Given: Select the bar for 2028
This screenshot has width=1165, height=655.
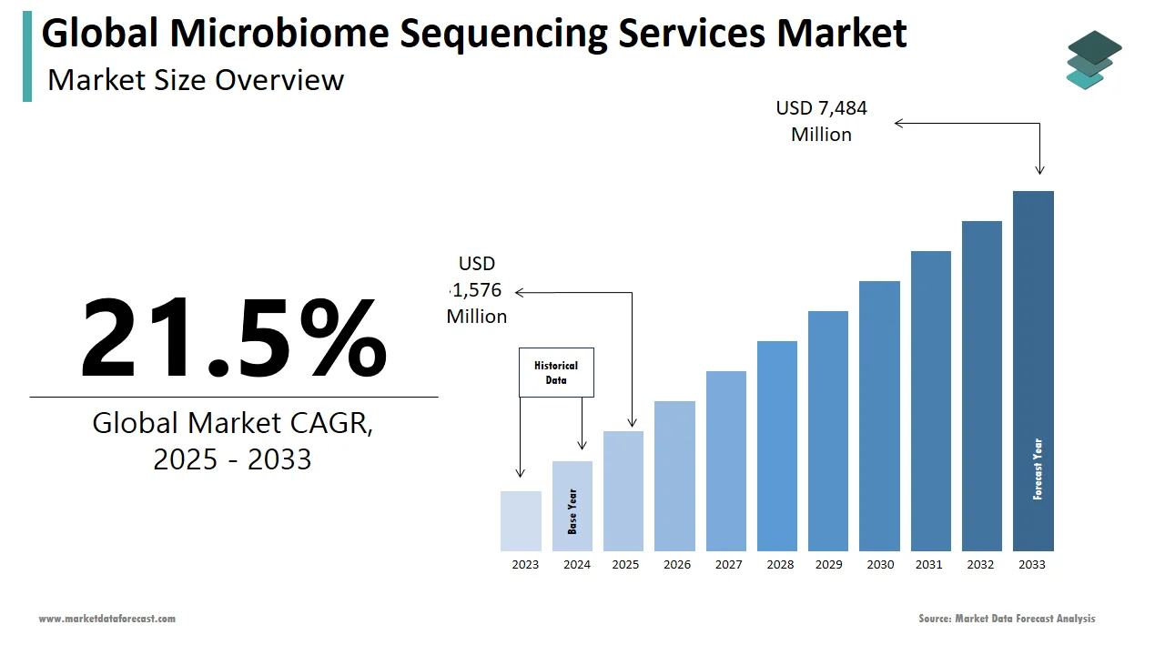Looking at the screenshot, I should pos(776,446).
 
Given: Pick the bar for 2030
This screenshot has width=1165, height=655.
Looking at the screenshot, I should pos(879,416).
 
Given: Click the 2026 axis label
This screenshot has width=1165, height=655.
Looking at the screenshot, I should pos(677,565).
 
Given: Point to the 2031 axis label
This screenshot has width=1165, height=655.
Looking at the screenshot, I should pos(929,565).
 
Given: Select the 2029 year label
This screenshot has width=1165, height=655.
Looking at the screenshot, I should pos(828,565).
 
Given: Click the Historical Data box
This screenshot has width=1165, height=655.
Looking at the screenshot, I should pos(556,372).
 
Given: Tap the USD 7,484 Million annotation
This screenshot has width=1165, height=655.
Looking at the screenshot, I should pos(821,121).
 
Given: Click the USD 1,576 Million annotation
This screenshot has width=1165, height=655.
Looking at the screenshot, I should pos(477,290).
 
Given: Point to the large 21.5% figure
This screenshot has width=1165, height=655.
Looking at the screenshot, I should pos(233,338).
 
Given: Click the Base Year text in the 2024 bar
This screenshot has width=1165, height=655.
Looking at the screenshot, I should pos(572,511).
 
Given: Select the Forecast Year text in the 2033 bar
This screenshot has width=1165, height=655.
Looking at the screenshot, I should pos(1038,469).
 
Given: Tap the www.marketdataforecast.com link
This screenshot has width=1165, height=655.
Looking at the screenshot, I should pos(107,619).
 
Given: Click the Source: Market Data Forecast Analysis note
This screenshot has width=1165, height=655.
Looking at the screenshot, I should pos(1007,619).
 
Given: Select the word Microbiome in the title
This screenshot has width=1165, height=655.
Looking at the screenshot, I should pos(279,34).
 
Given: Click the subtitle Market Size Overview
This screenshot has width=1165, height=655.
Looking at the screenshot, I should pos(196,80).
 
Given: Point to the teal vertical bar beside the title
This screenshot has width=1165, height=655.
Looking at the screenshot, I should pos(27,56).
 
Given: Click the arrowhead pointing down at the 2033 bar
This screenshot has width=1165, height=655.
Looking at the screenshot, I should pos(1039,169).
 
